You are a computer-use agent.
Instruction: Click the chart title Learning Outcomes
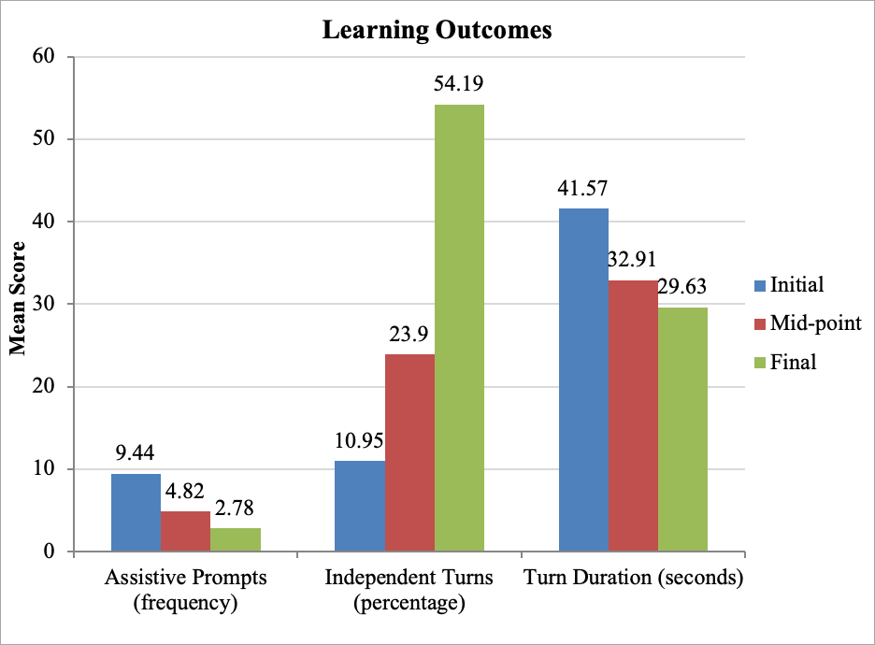pyautogui.click(x=437, y=30)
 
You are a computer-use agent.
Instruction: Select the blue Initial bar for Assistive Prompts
pyautogui.click(x=136, y=512)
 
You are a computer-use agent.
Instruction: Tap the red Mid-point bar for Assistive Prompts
pyautogui.click(x=185, y=531)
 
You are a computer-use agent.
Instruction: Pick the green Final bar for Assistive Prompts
pyautogui.click(x=236, y=539)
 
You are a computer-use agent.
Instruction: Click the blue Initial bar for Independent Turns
pyautogui.click(x=359, y=506)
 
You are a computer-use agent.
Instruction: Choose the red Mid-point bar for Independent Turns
pyautogui.click(x=409, y=452)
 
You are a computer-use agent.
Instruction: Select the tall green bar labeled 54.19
pyautogui.click(x=459, y=327)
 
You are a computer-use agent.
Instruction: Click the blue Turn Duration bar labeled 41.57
pyautogui.click(x=583, y=380)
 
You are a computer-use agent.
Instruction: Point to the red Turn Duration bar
pyautogui.click(x=633, y=415)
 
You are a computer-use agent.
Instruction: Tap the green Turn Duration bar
pyautogui.click(x=682, y=429)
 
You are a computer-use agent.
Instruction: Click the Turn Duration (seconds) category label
pyautogui.click(x=633, y=578)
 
